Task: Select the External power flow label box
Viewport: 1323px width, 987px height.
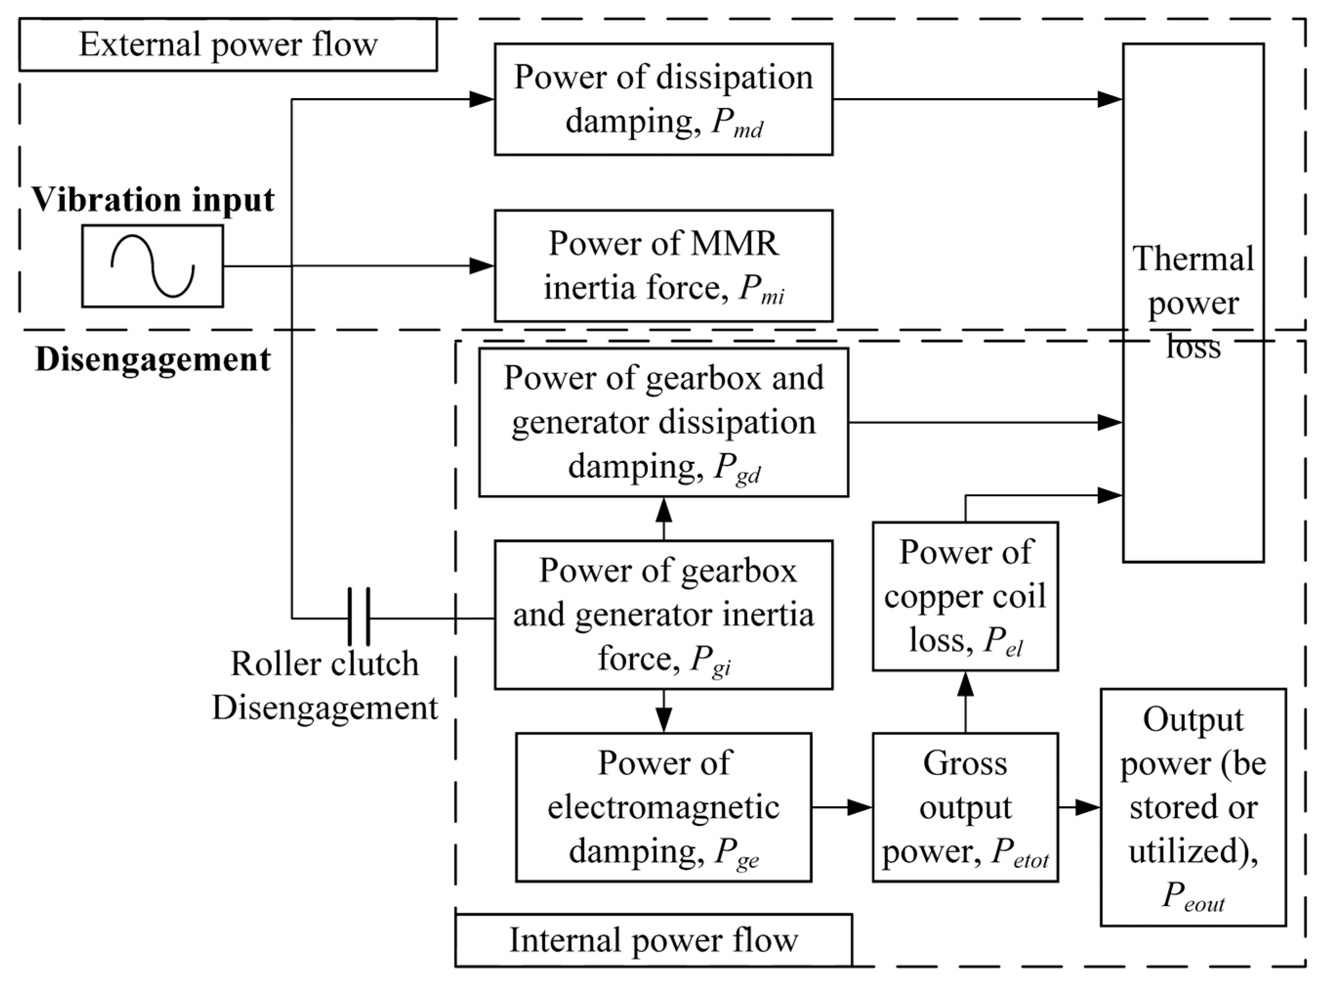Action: click(x=227, y=45)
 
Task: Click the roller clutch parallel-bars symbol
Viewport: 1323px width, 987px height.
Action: click(x=358, y=617)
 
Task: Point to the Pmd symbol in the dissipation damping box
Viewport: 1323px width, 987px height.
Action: click(x=737, y=123)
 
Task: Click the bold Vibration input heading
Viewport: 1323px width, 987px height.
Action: click(x=153, y=200)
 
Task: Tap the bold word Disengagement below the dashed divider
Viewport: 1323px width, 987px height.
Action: click(x=153, y=359)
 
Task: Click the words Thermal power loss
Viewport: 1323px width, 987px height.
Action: click(x=1193, y=303)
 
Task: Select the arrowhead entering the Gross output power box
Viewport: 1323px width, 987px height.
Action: click(x=860, y=808)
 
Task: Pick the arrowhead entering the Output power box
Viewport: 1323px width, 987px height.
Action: click(x=1088, y=808)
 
